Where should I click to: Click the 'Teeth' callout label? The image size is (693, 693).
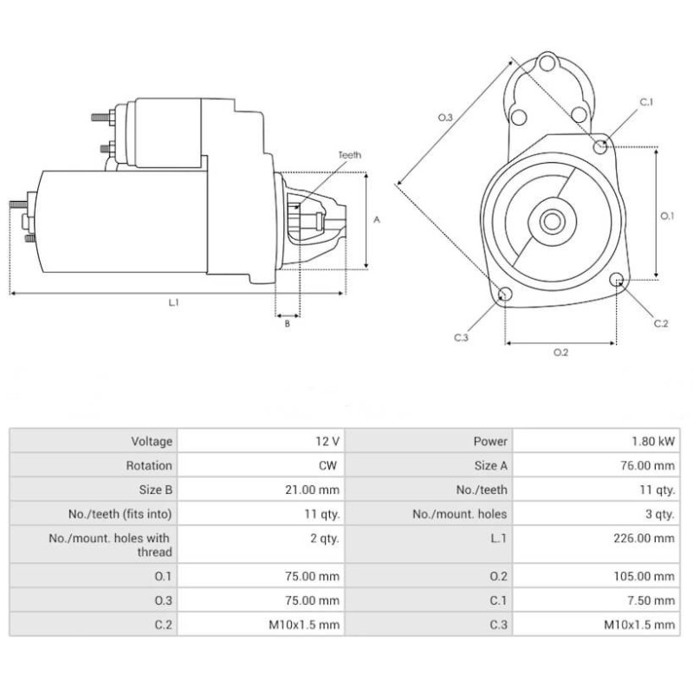click(350, 155)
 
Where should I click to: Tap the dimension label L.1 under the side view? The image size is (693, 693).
click(173, 302)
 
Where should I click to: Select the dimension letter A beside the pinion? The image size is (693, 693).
click(377, 220)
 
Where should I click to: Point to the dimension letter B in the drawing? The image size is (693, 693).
click(287, 324)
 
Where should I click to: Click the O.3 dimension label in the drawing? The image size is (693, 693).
click(445, 116)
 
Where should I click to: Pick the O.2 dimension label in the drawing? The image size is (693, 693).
click(560, 352)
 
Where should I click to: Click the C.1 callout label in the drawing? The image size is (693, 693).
click(646, 102)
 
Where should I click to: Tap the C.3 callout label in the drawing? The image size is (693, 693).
click(460, 337)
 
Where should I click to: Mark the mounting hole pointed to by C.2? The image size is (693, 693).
click(617, 280)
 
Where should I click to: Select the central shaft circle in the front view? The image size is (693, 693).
click(551, 221)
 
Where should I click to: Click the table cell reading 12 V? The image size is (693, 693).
click(327, 442)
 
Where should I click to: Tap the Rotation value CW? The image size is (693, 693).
click(327, 465)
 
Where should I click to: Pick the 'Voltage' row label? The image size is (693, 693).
click(152, 442)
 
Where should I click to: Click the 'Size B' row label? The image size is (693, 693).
click(155, 489)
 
